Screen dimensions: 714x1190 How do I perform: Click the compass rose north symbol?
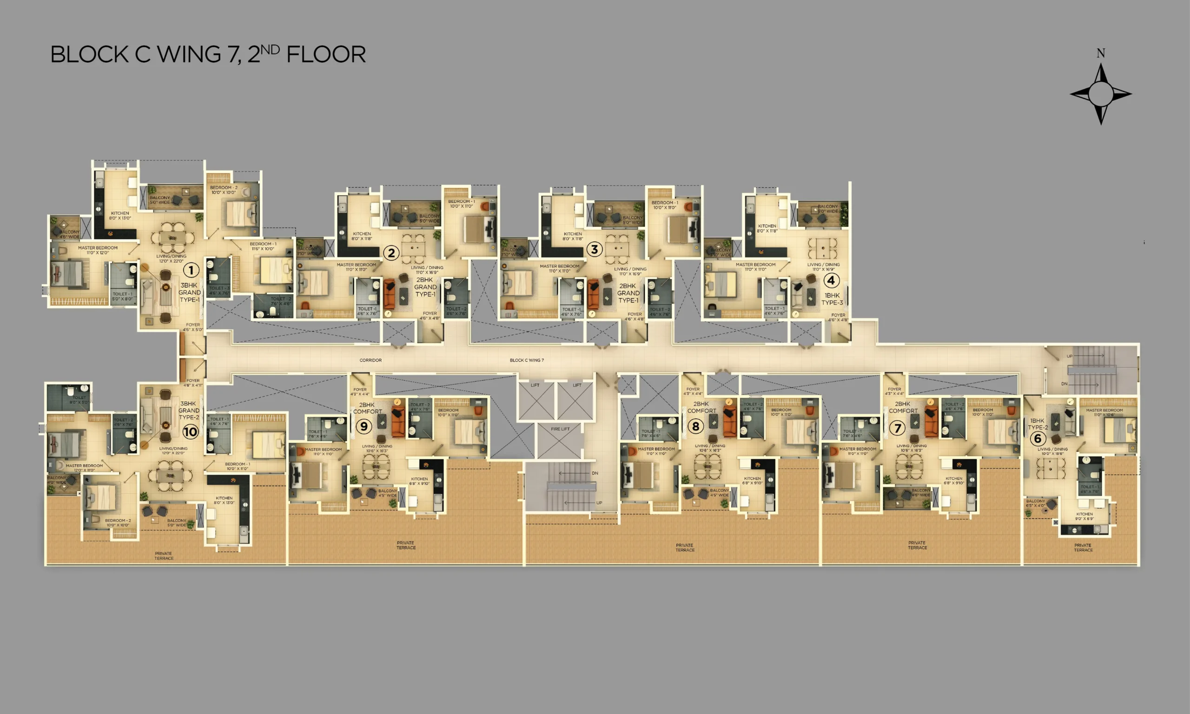click(1101, 93)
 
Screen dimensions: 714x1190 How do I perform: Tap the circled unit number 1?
click(191, 271)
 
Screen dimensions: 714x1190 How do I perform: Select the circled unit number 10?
click(190, 431)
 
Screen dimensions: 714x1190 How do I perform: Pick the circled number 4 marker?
click(831, 280)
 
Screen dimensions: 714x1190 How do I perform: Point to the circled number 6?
click(1037, 438)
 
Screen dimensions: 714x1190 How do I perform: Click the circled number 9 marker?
click(364, 426)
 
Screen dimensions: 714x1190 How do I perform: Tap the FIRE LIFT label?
click(560, 429)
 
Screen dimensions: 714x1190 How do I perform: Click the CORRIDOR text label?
click(370, 360)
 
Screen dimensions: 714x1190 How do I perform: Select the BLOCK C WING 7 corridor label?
click(527, 360)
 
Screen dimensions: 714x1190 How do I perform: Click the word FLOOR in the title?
click(326, 54)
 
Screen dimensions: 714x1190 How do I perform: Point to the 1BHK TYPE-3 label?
click(832, 299)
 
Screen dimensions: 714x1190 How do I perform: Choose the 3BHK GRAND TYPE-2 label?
click(189, 410)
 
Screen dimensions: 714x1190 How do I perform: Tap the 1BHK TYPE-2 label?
click(1038, 424)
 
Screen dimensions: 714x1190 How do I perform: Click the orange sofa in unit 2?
click(389, 294)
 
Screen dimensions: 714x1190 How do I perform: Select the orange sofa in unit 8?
click(730, 422)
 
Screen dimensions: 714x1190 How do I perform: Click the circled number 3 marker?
click(595, 250)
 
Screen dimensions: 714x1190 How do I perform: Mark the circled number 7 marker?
click(897, 427)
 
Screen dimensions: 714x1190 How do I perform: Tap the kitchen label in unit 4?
click(767, 228)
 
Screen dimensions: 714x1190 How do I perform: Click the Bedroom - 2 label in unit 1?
click(224, 190)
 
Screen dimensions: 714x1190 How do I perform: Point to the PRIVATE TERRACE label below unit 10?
click(164, 555)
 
